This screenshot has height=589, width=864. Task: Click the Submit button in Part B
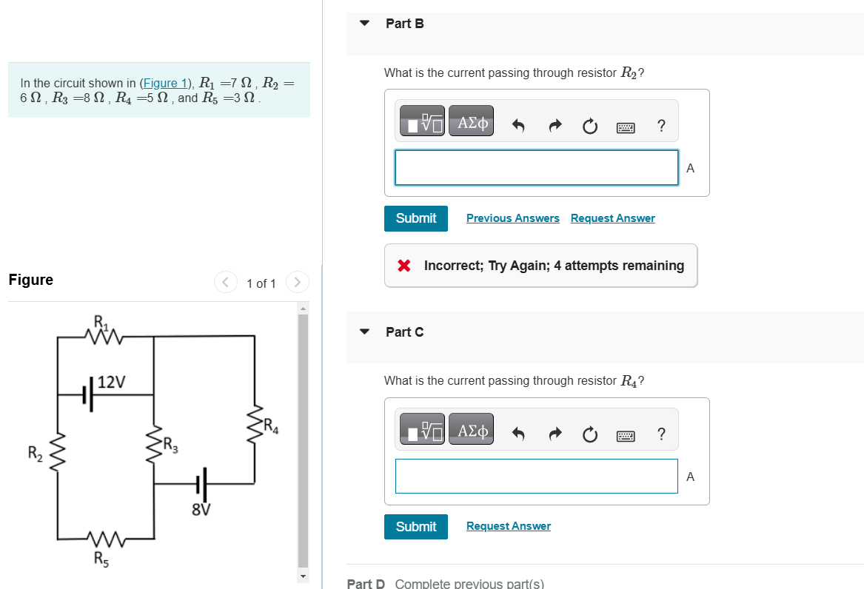click(x=415, y=218)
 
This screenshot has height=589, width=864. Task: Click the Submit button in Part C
click(x=415, y=527)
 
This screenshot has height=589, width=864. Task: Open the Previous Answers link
click(x=512, y=218)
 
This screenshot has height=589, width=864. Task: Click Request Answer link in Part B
click(x=612, y=218)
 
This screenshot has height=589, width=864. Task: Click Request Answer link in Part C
click(x=508, y=526)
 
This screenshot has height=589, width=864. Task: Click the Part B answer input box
click(x=536, y=168)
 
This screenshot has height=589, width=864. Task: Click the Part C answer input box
click(x=536, y=476)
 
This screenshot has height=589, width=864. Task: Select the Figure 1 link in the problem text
click(x=166, y=83)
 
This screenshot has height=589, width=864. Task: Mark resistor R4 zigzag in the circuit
click(x=255, y=425)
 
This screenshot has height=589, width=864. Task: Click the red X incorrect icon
click(x=404, y=266)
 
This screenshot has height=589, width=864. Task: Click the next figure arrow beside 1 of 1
click(x=297, y=283)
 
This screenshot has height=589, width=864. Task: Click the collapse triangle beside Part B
click(x=364, y=23)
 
